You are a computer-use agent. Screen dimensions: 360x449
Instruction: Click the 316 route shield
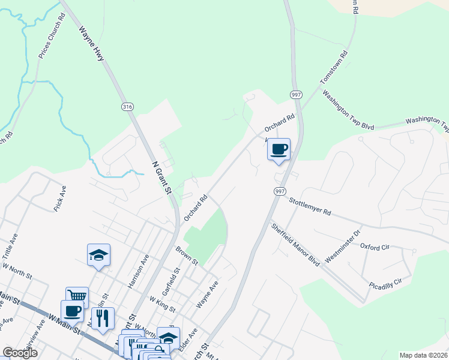point(127,107)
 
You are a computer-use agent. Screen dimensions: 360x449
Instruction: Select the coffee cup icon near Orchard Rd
point(279,149)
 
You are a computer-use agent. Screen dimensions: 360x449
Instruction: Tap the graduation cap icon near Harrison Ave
point(98,256)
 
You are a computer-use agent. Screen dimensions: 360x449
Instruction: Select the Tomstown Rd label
point(334,67)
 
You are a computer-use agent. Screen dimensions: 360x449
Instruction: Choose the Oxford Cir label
point(375,247)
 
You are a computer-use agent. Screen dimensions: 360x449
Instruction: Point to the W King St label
point(162,304)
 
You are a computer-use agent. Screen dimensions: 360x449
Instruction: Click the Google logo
point(20,353)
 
